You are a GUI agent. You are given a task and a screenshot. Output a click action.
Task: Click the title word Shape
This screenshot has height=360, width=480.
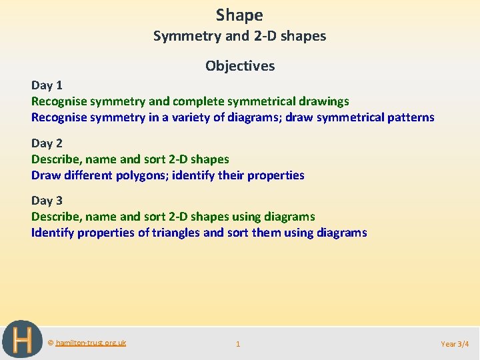tap(239, 15)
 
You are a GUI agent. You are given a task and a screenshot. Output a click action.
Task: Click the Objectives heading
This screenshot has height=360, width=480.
tap(240, 65)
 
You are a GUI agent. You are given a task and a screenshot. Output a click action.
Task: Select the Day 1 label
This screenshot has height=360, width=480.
tap(47, 85)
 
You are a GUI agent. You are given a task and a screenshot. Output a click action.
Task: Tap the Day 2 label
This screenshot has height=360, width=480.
tap(47, 143)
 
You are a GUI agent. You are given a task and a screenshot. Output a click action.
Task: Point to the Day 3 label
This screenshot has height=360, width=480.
tap(47, 200)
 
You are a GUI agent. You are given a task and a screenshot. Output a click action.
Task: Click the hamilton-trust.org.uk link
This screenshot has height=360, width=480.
tap(91, 343)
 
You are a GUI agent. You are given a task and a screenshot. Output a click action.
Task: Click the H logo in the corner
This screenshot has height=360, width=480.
tap(22, 339)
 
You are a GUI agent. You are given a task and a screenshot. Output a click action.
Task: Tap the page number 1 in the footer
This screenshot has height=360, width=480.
tap(238, 344)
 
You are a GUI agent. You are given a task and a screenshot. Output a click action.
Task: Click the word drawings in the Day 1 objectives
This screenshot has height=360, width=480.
tap(324, 101)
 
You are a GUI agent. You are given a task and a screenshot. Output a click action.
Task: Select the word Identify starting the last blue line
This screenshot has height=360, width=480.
tap(53, 233)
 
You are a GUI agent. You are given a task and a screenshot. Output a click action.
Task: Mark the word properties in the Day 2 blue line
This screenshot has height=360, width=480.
tap(275, 175)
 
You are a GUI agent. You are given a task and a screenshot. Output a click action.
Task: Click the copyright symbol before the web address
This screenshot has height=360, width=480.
tap(51, 343)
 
